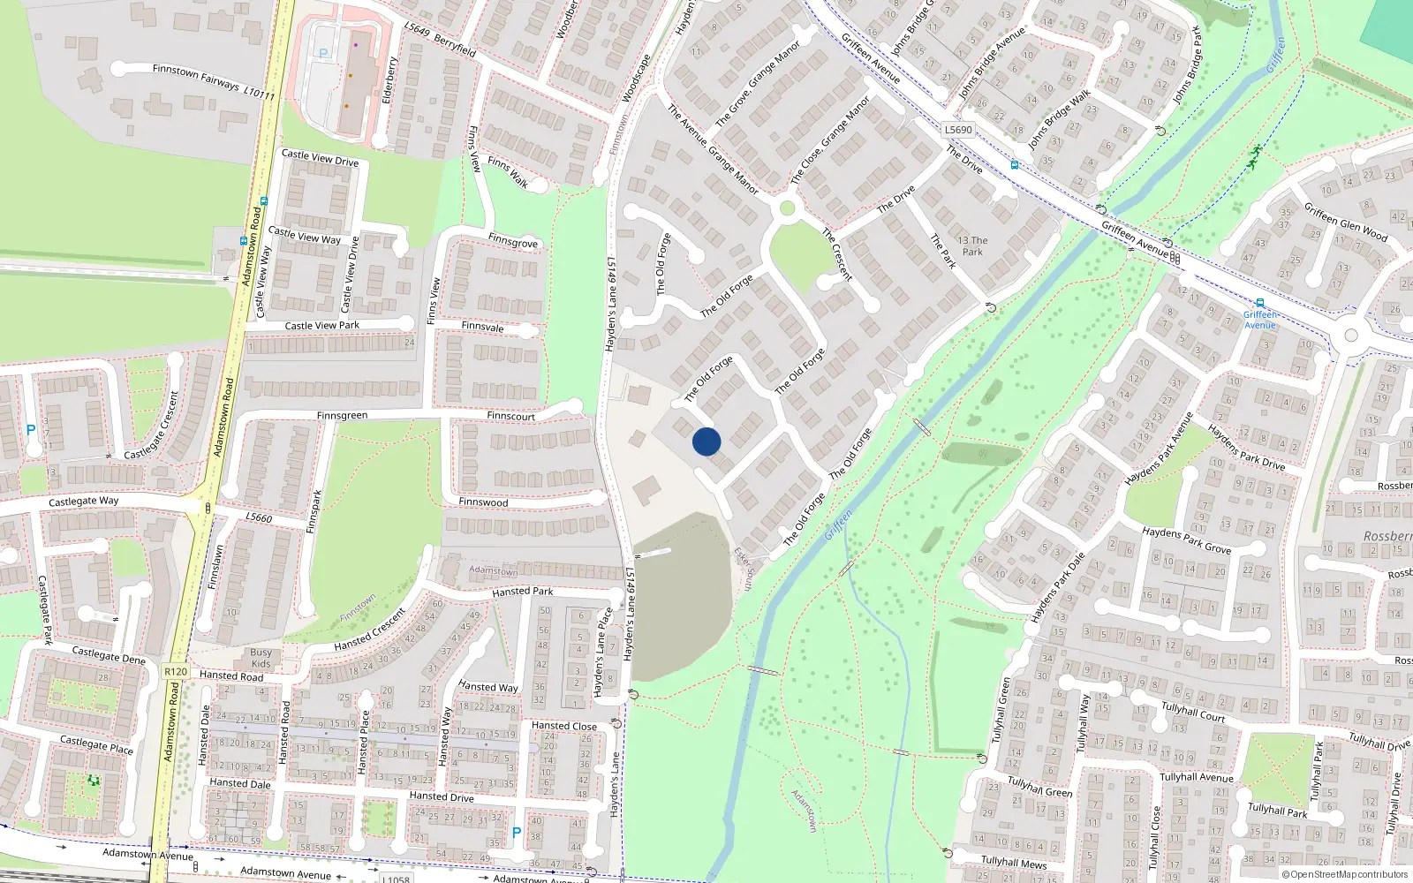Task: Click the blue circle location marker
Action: coord(706,441)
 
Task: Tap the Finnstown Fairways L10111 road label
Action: coord(214,81)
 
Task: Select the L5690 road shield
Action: coord(958,130)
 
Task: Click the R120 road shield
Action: coord(176,672)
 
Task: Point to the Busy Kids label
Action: coord(261,659)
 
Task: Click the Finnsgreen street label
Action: coord(342,416)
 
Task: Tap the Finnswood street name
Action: coord(483,502)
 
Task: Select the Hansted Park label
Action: coord(523,592)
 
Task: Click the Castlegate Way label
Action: coord(83,502)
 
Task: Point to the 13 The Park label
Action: coord(972,245)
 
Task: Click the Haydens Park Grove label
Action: coord(1186,540)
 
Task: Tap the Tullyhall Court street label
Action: coord(1193,712)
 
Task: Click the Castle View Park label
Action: coord(321,326)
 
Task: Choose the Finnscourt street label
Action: coord(510,416)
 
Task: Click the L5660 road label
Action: coord(259,517)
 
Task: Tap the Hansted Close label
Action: coord(564,726)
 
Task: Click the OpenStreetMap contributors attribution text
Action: coord(1345,875)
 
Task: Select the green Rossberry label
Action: coord(1387,537)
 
